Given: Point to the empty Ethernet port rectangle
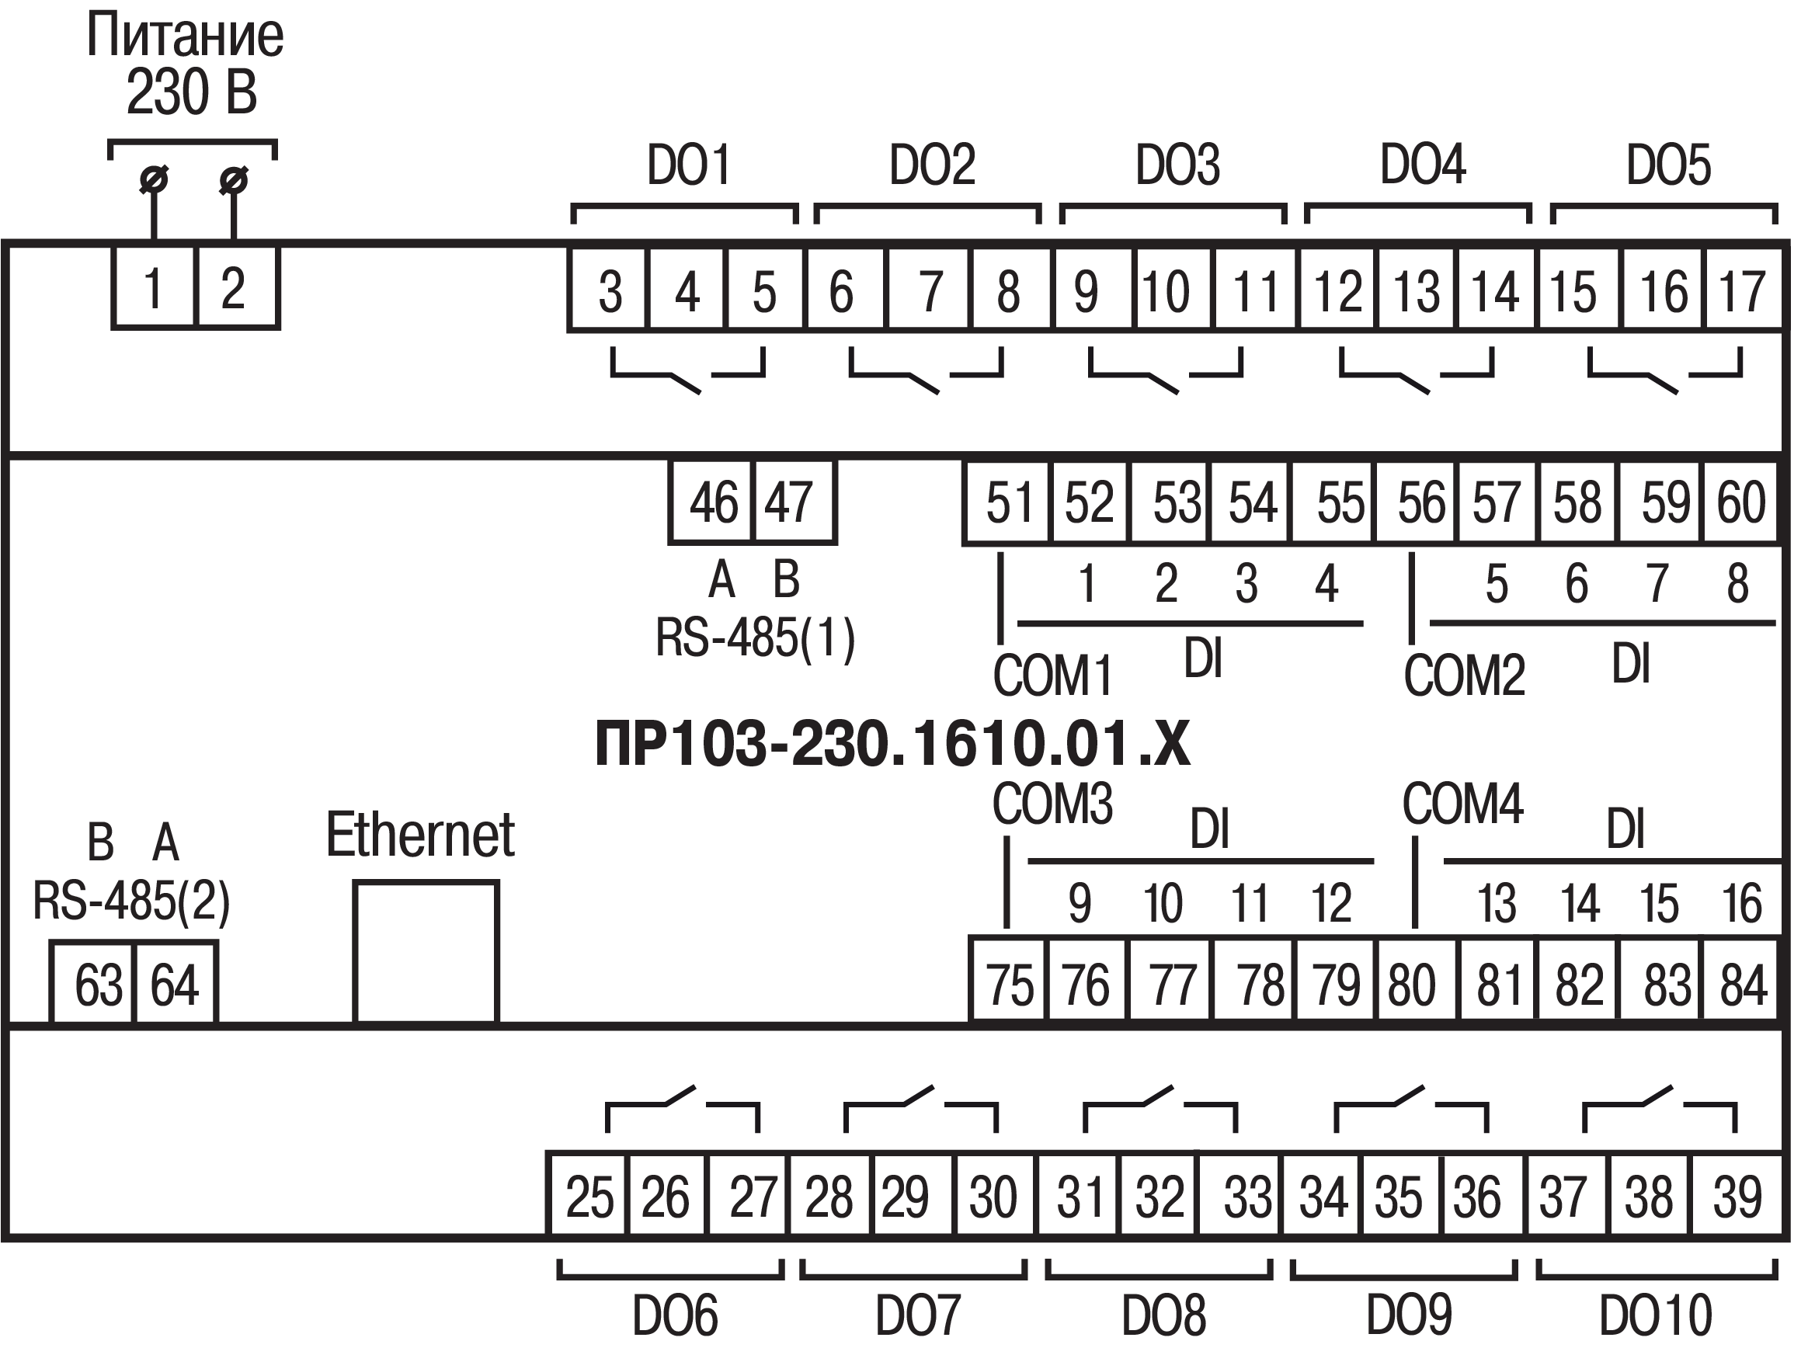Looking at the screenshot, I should (x=426, y=951).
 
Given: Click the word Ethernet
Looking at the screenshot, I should (x=419, y=836).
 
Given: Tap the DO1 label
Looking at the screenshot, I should (x=688, y=165).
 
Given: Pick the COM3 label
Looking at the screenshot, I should (x=1052, y=804).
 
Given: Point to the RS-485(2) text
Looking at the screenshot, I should (x=131, y=902).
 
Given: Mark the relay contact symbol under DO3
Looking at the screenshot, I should (x=1165, y=371).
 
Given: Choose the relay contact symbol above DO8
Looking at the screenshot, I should (x=1160, y=1107).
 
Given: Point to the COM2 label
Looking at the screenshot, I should (x=1464, y=676).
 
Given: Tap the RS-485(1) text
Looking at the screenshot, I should (x=756, y=638).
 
